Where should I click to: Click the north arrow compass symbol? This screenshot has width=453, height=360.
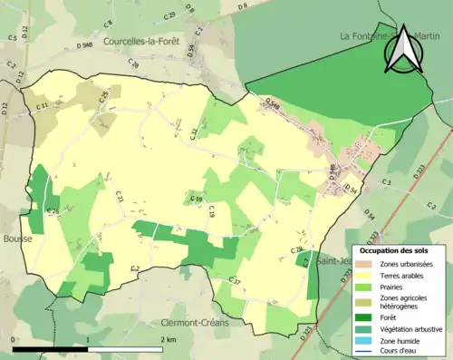(x=401, y=49)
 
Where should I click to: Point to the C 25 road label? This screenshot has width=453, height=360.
(x=104, y=95)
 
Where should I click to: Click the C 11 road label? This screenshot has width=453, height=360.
(x=43, y=107)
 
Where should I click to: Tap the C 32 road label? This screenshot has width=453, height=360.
(x=194, y=133)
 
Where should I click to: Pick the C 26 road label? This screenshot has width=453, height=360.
(x=53, y=212)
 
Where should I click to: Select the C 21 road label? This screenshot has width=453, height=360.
(x=119, y=195)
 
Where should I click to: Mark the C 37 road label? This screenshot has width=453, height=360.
(x=234, y=283)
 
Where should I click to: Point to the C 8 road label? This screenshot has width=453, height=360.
(x=108, y=24)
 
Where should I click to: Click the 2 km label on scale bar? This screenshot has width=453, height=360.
(x=169, y=338)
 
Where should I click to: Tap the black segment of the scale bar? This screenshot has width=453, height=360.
(x=51, y=348)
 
